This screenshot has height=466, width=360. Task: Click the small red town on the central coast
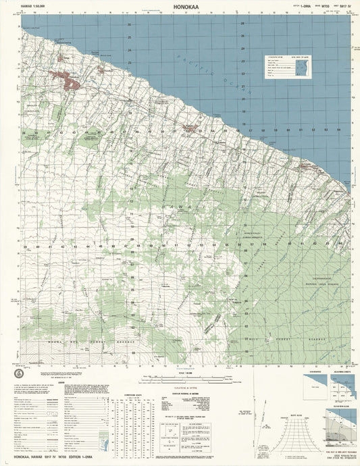point(191,128)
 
